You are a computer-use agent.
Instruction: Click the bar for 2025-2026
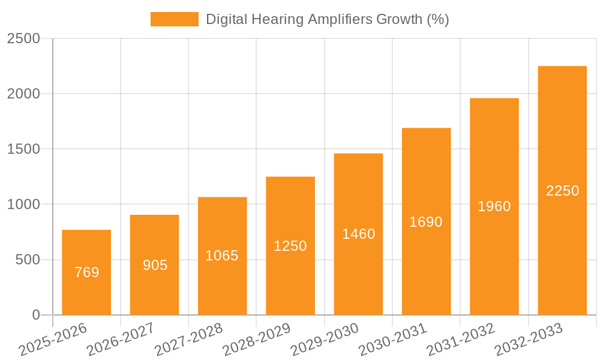click(86, 272)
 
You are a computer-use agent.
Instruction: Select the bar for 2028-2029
click(290, 246)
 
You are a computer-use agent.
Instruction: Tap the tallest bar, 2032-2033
click(562, 190)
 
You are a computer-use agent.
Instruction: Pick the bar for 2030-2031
click(426, 221)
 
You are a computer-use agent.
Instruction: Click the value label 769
click(86, 272)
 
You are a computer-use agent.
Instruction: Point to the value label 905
click(155, 265)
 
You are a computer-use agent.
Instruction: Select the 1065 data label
click(222, 256)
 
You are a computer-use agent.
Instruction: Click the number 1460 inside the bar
click(358, 234)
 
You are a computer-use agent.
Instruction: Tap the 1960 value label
click(494, 206)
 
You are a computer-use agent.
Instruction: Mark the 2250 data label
click(562, 191)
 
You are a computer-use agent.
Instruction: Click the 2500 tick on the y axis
click(23, 38)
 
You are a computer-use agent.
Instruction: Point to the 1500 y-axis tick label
click(23, 149)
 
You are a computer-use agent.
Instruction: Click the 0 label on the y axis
click(35, 315)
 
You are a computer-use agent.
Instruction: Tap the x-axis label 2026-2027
click(120, 340)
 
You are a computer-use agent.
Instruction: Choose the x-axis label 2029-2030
click(324, 340)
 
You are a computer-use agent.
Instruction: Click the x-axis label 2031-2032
click(460, 340)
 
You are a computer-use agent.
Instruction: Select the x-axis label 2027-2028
click(188, 340)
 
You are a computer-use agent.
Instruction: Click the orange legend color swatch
click(174, 19)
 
